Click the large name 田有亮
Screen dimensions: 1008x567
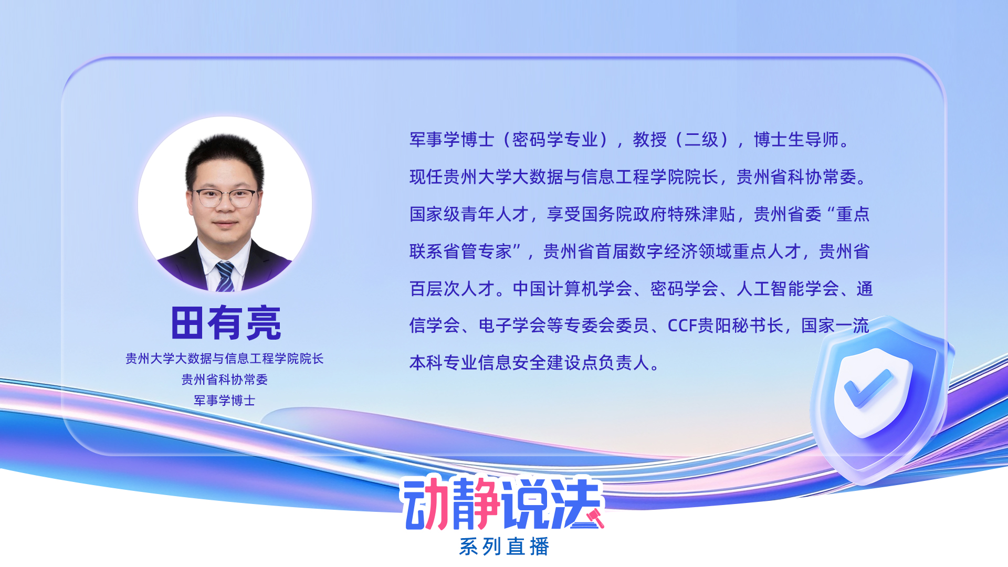pyautogui.click(x=226, y=323)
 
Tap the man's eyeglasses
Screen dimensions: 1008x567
pyautogui.click(x=225, y=197)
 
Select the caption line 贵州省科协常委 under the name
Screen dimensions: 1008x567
pyautogui.click(x=225, y=380)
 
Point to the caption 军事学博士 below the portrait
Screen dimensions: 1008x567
pyautogui.click(x=225, y=401)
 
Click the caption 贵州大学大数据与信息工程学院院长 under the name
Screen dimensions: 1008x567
pyautogui.click(x=225, y=359)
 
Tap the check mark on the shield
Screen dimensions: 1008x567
pyautogui.click(x=869, y=388)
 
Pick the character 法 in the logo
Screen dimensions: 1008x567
pyautogui.click(x=576, y=503)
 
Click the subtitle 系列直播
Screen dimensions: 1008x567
pyautogui.click(x=504, y=547)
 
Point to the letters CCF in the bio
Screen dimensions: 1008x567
pyautogui.click(x=682, y=326)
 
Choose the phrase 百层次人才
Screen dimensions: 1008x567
pyautogui.click(x=452, y=289)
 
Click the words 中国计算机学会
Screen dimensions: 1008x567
pyautogui.click(x=572, y=289)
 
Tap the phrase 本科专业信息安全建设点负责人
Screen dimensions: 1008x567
pyautogui.click(x=530, y=363)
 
